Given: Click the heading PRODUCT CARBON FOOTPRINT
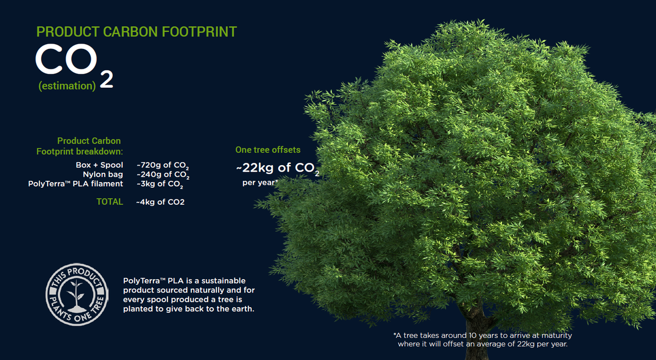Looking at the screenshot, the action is (137, 32).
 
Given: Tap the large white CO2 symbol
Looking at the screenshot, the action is (74, 65).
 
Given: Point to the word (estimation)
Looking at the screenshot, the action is (67, 86).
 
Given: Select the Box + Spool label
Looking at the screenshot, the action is (99, 165).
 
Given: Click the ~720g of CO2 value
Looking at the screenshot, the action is (163, 166).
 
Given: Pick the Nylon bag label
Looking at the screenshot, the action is (103, 174).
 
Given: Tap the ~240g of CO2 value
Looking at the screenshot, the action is (163, 175).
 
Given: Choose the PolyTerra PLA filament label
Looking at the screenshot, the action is (76, 184).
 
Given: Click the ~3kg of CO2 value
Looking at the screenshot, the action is (160, 184).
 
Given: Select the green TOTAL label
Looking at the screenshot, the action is (109, 202).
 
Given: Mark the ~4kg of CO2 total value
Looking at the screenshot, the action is (161, 202).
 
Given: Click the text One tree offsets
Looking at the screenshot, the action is (268, 150).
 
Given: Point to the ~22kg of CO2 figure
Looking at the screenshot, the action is (277, 168).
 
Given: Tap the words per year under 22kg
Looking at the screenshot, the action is (259, 183).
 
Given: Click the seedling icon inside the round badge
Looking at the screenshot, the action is (77, 295).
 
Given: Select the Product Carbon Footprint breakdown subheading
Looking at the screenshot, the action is (80, 146).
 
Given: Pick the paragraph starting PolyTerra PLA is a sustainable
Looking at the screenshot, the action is (188, 295).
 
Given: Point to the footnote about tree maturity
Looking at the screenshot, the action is (482, 340).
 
